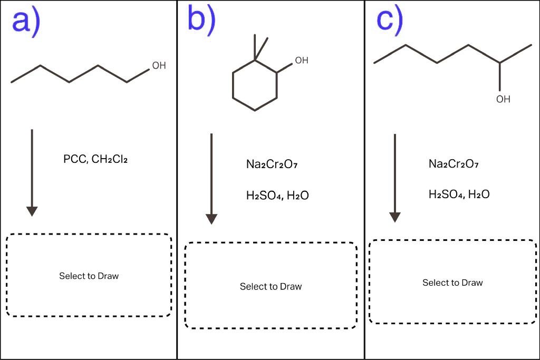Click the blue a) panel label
[26, 22]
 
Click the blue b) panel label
[201, 20]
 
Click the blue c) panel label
[389, 20]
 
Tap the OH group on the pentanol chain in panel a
[159, 66]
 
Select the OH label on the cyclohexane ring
[301, 61]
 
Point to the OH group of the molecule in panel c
[503, 99]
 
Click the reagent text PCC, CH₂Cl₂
[95, 159]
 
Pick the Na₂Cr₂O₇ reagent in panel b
[273, 164]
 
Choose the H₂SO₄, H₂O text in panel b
[277, 196]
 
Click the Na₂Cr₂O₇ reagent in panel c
[454, 164]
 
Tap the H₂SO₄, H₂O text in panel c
[459, 194]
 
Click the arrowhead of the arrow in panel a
[32, 211]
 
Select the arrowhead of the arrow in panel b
[211, 219]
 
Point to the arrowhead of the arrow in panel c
[395, 217]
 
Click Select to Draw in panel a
[89, 276]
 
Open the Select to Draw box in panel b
[271, 287]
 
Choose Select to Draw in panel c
[452, 283]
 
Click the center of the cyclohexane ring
[255, 86]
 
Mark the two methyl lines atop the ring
[260, 47]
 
